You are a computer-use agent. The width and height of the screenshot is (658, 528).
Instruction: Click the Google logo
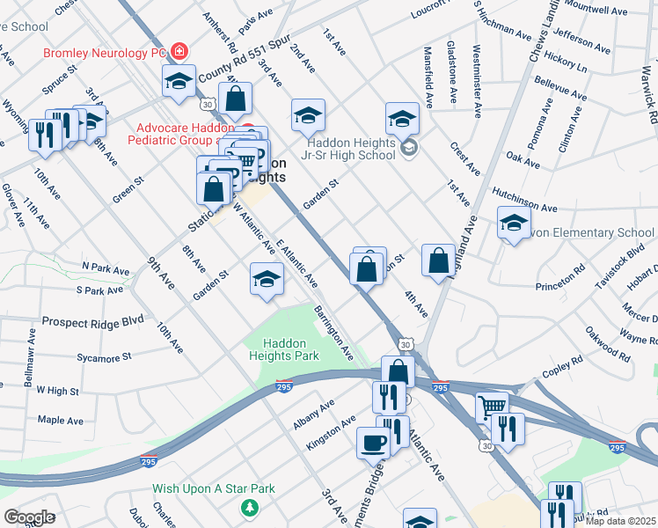(x=29, y=517)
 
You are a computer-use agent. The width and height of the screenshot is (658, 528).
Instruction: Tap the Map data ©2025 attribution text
(x=621, y=521)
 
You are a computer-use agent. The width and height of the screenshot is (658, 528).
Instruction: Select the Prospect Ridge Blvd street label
(x=91, y=322)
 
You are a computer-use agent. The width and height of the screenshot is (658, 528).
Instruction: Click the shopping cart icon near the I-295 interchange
(x=493, y=407)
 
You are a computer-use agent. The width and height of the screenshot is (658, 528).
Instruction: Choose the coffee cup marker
(x=372, y=443)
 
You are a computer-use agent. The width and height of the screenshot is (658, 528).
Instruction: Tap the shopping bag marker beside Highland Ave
(x=438, y=260)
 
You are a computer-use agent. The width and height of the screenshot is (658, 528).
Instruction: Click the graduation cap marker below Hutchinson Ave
(x=514, y=224)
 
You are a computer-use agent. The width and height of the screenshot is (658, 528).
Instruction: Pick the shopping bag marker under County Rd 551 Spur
(x=235, y=99)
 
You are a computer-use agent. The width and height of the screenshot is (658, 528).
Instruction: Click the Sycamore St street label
(x=104, y=357)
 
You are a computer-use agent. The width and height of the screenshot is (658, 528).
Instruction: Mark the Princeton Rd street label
(x=560, y=278)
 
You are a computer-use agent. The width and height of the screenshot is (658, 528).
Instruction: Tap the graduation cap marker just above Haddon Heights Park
(x=267, y=280)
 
